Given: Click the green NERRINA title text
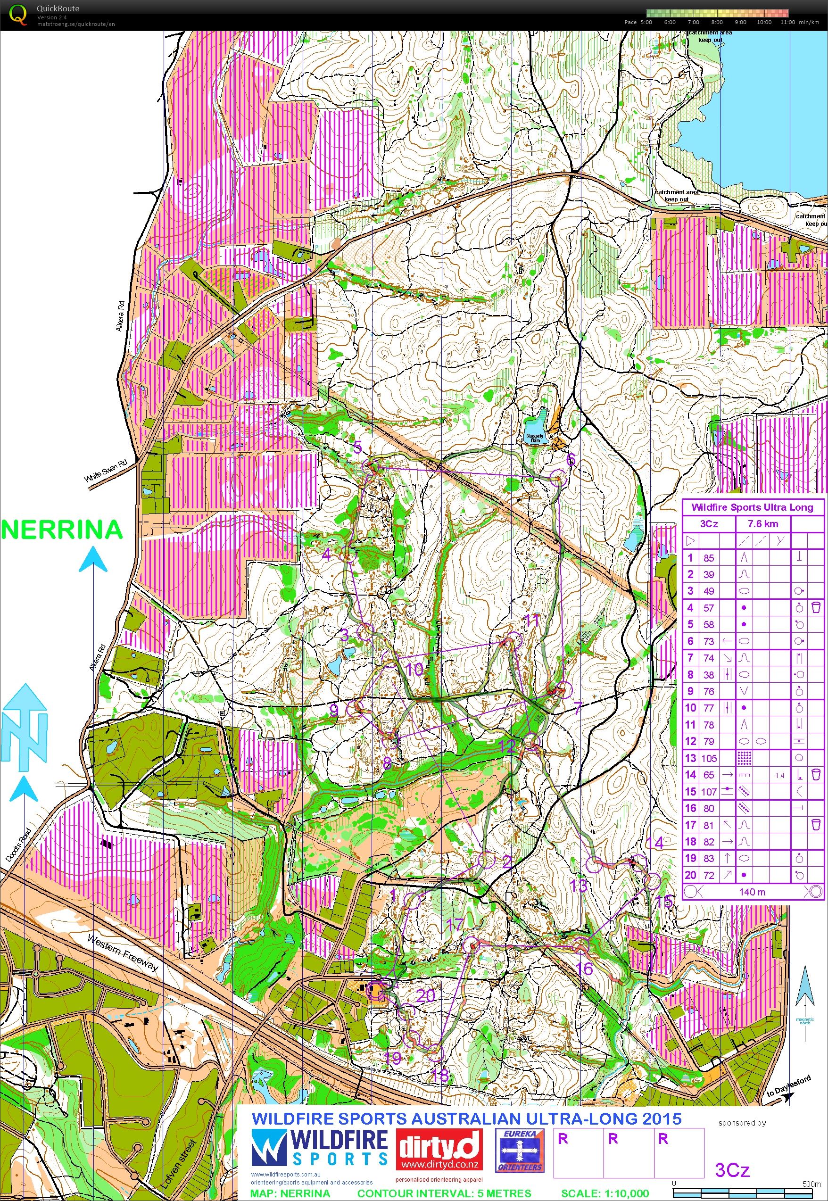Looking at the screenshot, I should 62,530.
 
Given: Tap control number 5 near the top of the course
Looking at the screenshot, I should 357,447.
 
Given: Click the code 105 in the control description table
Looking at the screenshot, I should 709,758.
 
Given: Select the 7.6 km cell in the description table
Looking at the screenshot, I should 762,523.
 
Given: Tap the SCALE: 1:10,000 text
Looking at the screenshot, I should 604,1193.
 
